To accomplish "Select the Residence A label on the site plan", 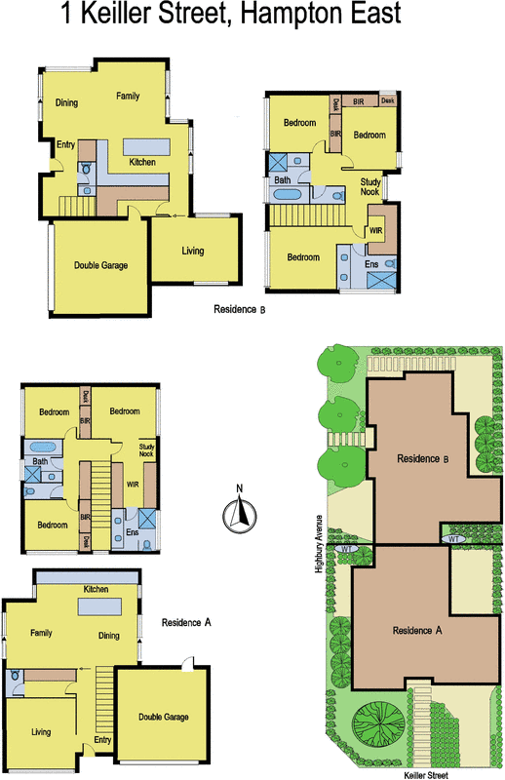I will tap(417, 630).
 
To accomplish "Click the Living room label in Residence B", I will tap(193, 251).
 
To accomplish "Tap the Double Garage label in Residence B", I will tap(101, 264).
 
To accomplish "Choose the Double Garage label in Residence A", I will tap(163, 717).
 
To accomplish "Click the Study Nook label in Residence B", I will tap(370, 186).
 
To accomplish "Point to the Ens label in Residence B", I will tap(371, 263).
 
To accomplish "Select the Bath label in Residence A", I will tap(40, 461).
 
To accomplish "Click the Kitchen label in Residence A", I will tap(96, 590).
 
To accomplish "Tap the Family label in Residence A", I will tap(40, 633).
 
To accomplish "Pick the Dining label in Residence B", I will tap(66, 102).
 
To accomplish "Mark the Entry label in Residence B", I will tap(65, 144).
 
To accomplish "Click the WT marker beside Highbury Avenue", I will tap(346, 549).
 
